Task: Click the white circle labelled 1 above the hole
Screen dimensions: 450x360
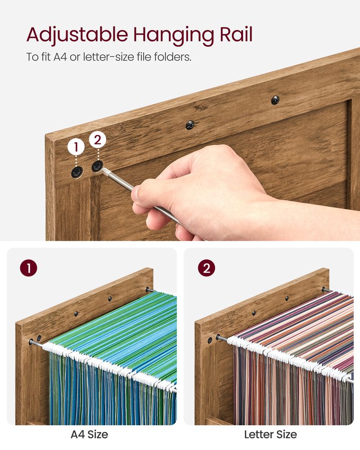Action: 76,147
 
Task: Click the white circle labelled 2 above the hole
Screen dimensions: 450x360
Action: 98,140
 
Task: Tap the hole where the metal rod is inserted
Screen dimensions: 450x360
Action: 97,166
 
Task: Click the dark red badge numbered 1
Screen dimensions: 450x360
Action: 29,268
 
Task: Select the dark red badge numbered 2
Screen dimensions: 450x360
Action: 207,268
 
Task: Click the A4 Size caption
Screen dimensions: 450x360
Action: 89,435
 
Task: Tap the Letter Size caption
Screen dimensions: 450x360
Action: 270,435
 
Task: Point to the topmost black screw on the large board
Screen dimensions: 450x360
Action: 275,100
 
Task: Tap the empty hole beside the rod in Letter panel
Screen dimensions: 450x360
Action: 210,340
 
